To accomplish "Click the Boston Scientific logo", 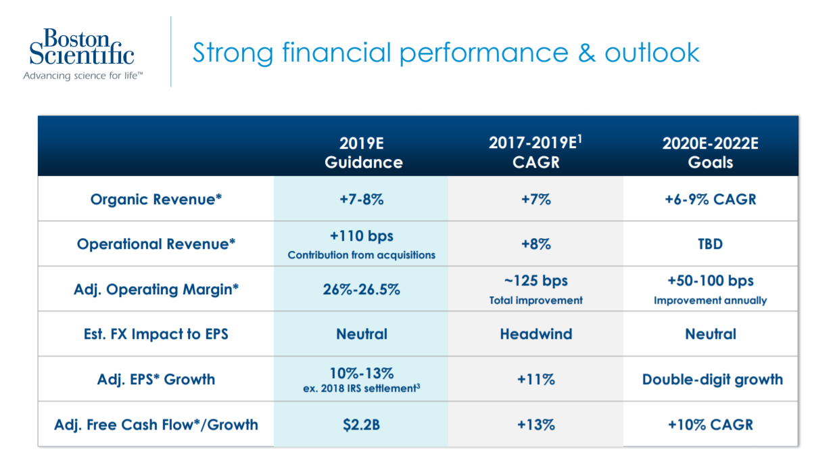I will pyautogui.click(x=82, y=53).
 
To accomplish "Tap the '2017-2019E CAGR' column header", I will pyautogui.click(x=535, y=152).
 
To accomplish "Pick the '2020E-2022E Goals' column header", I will pyautogui.click(x=710, y=153).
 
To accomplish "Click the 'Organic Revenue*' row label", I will pyautogui.click(x=156, y=200).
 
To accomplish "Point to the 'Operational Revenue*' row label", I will pyautogui.click(x=156, y=244).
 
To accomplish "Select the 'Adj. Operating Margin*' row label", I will pyautogui.click(x=156, y=290).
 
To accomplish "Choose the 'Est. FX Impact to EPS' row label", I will pyautogui.click(x=156, y=334).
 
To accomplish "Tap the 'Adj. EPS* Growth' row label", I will pyautogui.click(x=156, y=379).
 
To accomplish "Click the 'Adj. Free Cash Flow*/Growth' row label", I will pyautogui.click(x=156, y=425).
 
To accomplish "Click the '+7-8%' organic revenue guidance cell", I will pyautogui.click(x=362, y=200).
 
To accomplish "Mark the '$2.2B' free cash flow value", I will pyautogui.click(x=362, y=425).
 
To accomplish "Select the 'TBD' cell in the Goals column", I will pyautogui.click(x=710, y=244).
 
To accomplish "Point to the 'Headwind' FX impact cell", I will pyautogui.click(x=535, y=334).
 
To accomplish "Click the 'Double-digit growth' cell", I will pyautogui.click(x=712, y=379).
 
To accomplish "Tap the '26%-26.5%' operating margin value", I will pyautogui.click(x=362, y=290).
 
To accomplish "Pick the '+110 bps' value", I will pyautogui.click(x=362, y=237).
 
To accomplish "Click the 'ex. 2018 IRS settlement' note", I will pyautogui.click(x=362, y=389).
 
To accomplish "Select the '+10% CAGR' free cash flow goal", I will pyautogui.click(x=710, y=425).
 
